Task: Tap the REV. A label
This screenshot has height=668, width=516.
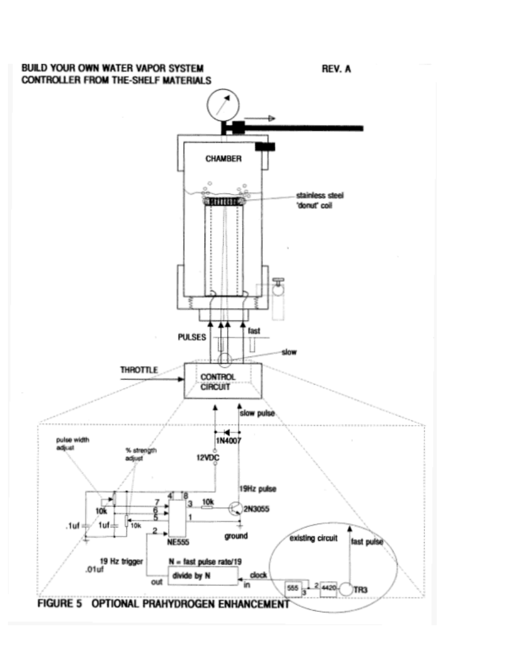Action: (x=336, y=69)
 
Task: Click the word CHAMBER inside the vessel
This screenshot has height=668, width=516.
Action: (x=224, y=159)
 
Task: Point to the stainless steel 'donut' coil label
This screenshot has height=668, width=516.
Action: (x=320, y=200)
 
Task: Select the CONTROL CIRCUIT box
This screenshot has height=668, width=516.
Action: (x=223, y=381)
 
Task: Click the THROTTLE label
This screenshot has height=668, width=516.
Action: (x=139, y=370)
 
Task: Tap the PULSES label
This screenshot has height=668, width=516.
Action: (x=192, y=337)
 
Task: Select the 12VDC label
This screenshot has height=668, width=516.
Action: (x=208, y=458)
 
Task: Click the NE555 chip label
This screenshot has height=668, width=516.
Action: (x=178, y=542)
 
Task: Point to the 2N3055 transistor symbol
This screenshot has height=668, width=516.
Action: (x=235, y=508)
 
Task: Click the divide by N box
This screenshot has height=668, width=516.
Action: (x=203, y=576)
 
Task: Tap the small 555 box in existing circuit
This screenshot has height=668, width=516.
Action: (x=293, y=589)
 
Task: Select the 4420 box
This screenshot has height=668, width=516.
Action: (x=328, y=589)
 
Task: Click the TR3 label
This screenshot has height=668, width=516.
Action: (x=360, y=590)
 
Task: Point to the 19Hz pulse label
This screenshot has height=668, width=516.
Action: (x=257, y=489)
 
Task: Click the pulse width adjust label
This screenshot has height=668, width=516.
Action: (x=73, y=444)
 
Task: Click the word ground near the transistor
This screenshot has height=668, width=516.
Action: (x=236, y=536)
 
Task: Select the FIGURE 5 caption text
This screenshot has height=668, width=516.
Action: (x=164, y=604)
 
